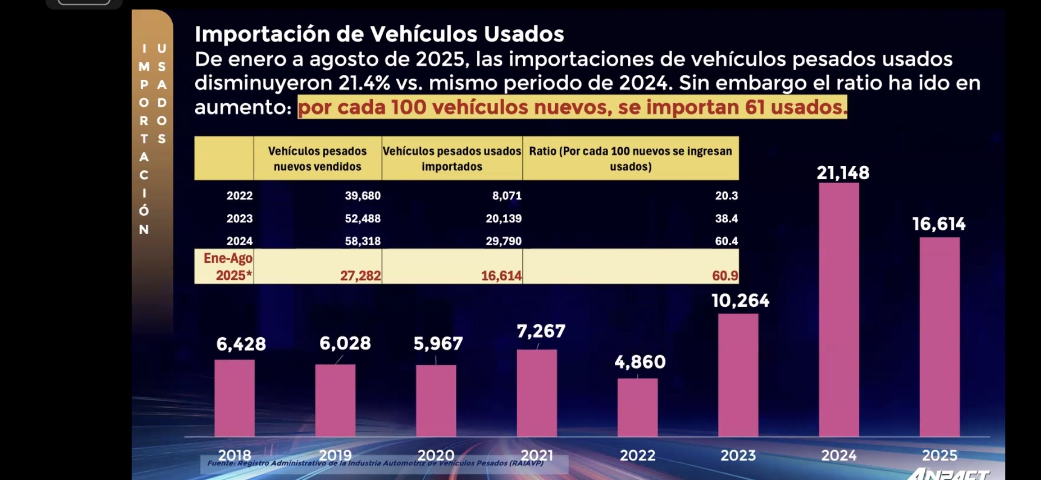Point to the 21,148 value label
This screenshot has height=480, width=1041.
click(x=843, y=173)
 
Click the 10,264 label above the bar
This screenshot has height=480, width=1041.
click(x=740, y=301)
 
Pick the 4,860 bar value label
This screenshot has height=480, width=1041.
click(x=640, y=362)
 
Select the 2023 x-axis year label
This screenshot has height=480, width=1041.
click(x=738, y=456)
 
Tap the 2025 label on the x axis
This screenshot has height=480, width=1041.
click(x=939, y=456)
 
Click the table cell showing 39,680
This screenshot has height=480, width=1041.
click(x=363, y=196)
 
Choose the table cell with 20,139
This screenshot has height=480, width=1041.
click(x=503, y=219)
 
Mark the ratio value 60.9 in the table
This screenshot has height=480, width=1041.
click(x=725, y=276)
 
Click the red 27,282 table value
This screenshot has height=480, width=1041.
click(x=360, y=276)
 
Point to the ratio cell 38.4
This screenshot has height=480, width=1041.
click(x=726, y=219)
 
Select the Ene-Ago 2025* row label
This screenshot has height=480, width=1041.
click(x=228, y=267)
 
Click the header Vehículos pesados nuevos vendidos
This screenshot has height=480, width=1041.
click(x=317, y=159)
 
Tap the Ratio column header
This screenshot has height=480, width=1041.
click(x=630, y=159)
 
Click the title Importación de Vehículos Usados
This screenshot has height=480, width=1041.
click(x=379, y=34)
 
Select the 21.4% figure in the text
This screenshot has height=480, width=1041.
click(x=364, y=83)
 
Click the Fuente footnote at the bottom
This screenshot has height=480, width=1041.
click(x=375, y=463)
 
